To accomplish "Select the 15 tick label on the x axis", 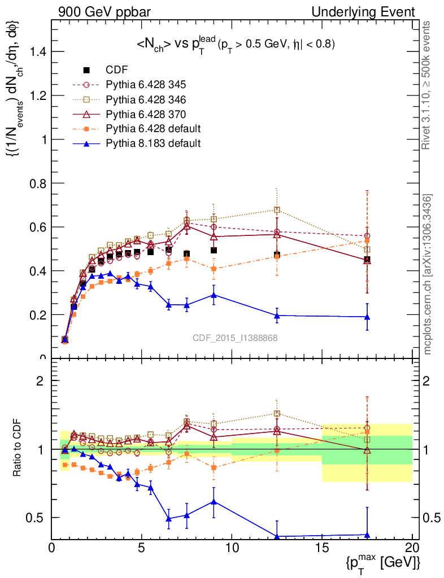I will point(322,548).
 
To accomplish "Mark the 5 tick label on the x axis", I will point(142,548).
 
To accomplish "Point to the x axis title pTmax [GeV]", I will point(384,562).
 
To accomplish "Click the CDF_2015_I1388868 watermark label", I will point(234,338).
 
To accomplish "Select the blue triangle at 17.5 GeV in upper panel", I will point(367,317).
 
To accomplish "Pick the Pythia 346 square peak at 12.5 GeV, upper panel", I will point(277,210).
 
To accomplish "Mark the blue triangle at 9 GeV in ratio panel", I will point(214,501).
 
